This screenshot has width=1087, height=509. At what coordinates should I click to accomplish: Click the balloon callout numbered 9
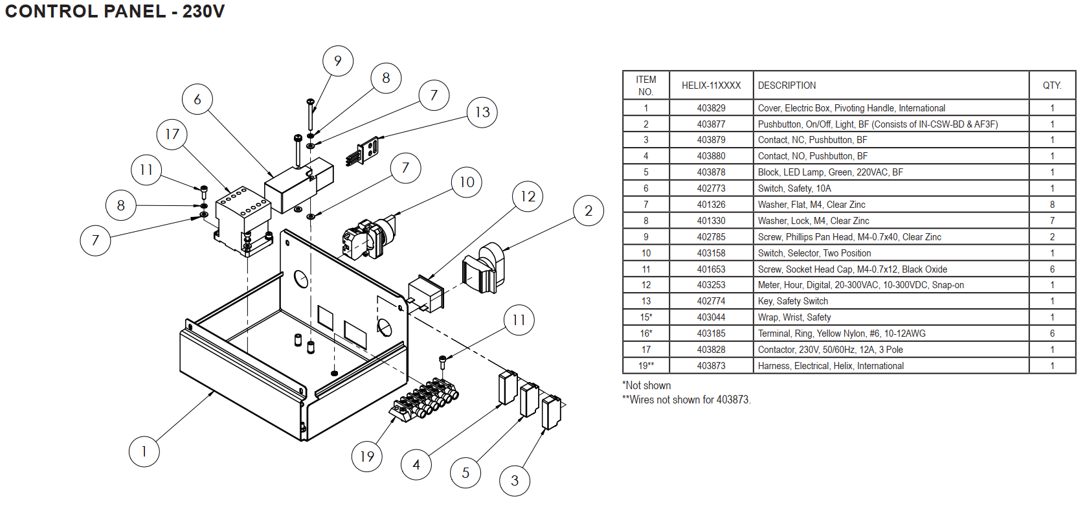(338, 61)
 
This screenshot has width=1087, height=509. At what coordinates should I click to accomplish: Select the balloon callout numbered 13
(482, 112)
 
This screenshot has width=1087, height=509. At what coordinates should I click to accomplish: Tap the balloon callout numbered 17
(172, 134)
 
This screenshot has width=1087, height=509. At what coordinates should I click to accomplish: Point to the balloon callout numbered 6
(197, 99)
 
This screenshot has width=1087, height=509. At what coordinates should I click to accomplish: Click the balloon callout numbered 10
(467, 182)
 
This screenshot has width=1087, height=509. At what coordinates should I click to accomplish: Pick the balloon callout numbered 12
(528, 196)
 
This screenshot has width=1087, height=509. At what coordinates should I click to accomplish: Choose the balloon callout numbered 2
(588, 210)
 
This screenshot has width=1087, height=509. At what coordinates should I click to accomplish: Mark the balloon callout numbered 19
(367, 457)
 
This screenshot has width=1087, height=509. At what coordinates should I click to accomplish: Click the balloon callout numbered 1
(144, 451)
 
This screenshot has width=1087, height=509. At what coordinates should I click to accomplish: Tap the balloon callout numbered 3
(515, 481)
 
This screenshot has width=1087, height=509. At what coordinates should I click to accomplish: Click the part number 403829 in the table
(711, 108)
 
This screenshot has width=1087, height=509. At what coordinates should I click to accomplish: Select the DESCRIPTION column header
(787, 85)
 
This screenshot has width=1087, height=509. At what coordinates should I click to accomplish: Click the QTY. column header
(1051, 85)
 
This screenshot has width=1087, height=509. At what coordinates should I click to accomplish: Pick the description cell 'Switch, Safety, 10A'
(794, 188)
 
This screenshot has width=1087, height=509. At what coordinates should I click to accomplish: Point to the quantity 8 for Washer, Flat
(1052, 205)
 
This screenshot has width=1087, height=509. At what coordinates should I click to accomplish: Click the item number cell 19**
(646, 366)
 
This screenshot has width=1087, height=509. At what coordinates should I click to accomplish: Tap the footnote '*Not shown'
(646, 385)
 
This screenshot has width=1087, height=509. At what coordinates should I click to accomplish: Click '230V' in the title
(203, 12)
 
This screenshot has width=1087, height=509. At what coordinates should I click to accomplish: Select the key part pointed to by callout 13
(364, 151)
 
